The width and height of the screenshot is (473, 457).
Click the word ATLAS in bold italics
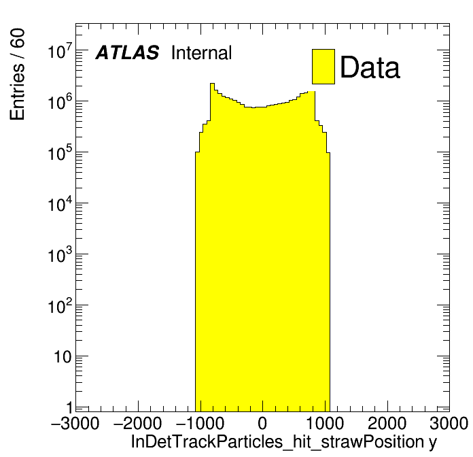tap(127, 53)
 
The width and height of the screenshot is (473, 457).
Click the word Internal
tap(202, 53)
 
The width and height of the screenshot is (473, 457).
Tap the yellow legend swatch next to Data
tap(323, 66)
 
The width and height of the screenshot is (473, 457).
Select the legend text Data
tap(370, 67)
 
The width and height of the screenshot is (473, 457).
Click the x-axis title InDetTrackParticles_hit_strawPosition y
tap(283, 442)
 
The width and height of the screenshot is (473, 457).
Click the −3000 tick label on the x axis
tap(75, 424)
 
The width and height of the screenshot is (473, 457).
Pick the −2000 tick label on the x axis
tap(137, 424)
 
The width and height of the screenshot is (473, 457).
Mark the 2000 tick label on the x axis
tap(387, 424)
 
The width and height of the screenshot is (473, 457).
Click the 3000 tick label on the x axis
tap(447, 424)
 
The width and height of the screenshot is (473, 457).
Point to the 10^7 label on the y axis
tap(58, 52)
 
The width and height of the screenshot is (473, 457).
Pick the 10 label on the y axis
tap(63, 358)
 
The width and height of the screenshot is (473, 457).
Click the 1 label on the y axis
tap(67, 409)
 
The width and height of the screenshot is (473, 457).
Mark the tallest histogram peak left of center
tap(212, 85)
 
